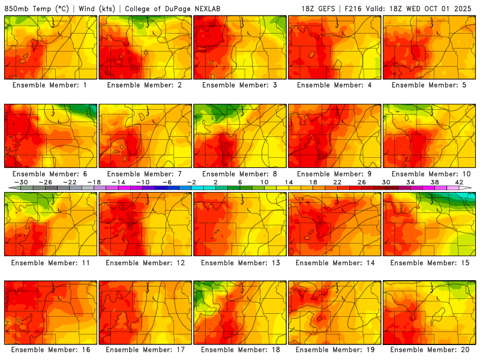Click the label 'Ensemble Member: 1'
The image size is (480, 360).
click(50, 85)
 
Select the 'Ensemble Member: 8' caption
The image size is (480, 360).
click(240, 173)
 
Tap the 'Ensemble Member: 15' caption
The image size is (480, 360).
click(430, 262)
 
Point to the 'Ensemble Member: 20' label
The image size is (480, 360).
click(430, 350)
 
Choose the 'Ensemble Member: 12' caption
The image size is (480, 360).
click(145, 262)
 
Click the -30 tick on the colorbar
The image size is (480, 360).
click(21, 182)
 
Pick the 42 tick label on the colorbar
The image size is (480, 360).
click(460, 182)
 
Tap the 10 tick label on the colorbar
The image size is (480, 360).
click(265, 182)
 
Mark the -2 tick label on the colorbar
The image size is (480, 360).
click(191, 182)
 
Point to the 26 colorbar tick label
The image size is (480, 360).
click(362, 182)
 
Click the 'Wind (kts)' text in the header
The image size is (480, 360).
click(94, 9)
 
